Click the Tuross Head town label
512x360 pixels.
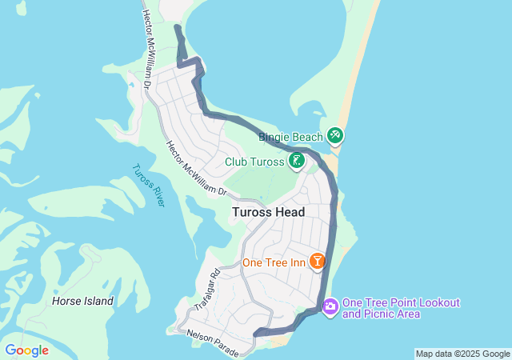269,212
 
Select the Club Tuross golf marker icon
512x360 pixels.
297,161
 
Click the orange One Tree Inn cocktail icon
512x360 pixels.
317,262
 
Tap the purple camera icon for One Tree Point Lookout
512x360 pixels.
330,306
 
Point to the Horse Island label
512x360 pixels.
82,302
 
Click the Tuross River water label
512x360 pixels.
148,185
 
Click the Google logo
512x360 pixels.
26,350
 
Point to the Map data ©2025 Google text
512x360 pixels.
462,354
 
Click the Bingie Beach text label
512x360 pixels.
289,137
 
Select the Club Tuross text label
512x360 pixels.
254,162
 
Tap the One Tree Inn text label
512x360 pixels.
275,262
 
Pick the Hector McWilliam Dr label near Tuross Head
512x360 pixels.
197,170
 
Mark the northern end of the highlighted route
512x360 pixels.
177,28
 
